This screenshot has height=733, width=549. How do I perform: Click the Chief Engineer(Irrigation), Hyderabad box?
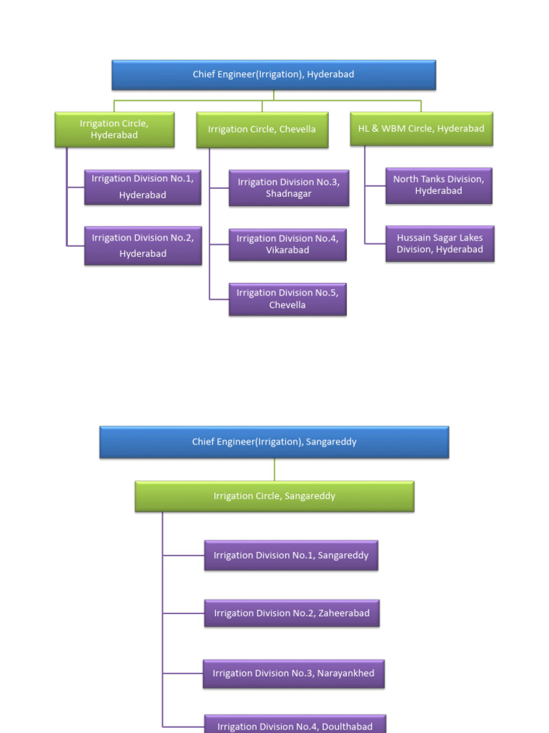pyautogui.click(x=274, y=74)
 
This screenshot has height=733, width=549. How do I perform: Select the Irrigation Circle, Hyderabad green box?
pyautogui.click(x=114, y=130)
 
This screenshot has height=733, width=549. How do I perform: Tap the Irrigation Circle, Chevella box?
pyautogui.click(x=262, y=130)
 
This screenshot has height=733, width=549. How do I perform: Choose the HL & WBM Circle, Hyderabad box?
pyautogui.click(x=421, y=129)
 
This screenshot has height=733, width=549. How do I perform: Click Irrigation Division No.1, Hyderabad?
pyautogui.click(x=143, y=186)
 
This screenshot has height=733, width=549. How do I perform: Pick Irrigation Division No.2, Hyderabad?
pyautogui.click(x=143, y=246)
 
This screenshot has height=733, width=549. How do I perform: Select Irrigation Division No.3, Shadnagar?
pyautogui.click(x=289, y=188)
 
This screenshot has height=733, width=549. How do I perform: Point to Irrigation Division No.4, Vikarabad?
pyautogui.click(x=287, y=245)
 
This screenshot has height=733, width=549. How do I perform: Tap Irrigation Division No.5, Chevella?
pyautogui.click(x=287, y=299)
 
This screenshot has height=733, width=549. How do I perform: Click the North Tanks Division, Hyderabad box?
pyautogui.click(x=439, y=185)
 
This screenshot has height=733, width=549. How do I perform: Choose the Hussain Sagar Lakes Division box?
pyautogui.click(x=440, y=244)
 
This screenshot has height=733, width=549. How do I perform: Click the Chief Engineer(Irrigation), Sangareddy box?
pyautogui.click(x=274, y=442)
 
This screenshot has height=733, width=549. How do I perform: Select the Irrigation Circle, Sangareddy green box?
pyautogui.click(x=274, y=496)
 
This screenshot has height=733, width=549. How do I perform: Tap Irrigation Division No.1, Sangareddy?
pyautogui.click(x=291, y=555)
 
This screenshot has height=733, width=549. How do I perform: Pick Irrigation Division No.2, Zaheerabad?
pyautogui.click(x=292, y=613)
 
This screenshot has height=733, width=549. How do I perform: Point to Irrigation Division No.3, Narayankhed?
pyautogui.click(x=293, y=674)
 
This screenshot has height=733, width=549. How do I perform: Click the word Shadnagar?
pyautogui.click(x=289, y=194)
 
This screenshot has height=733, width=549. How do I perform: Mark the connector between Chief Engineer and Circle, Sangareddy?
pyautogui.click(x=274, y=470)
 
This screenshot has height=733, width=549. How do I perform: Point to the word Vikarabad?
pyautogui.click(x=287, y=251)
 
